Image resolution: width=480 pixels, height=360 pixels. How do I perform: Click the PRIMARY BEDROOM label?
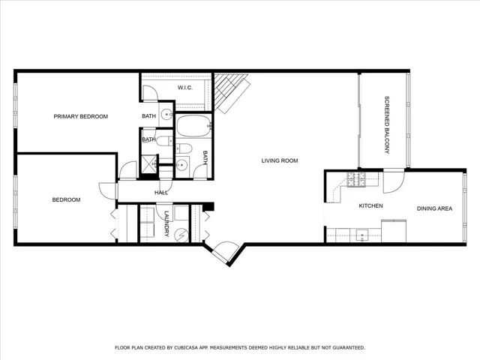tap(80, 116)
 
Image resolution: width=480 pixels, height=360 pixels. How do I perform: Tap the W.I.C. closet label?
tap(185, 88)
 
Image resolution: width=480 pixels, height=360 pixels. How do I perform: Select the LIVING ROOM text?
tap(280, 160)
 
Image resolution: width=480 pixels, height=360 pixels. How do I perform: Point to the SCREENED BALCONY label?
tap(387, 125)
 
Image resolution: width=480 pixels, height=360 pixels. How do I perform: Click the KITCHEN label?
tap(370, 205)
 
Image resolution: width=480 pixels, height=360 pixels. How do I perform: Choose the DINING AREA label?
tap(434, 208)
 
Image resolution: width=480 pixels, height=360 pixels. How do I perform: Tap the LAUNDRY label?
tap(166, 223)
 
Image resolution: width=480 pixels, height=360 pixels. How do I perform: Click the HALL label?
tap(161, 193)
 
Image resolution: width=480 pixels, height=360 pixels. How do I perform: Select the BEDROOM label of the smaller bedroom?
tap(66, 200)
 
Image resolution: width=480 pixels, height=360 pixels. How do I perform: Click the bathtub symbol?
tap(193, 125)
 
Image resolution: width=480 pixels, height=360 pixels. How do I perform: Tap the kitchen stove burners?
tap(356, 179)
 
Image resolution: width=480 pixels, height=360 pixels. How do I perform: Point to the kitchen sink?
tap(362, 235)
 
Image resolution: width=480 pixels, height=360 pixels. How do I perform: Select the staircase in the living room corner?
tap(231, 92)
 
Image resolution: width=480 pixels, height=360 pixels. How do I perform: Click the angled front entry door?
tap(225, 251)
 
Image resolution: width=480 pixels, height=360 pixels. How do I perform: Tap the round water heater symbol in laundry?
tap(181, 235)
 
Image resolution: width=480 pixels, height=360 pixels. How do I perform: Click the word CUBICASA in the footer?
tap(187, 348)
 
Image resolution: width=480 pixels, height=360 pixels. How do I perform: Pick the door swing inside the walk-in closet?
tap(150, 93)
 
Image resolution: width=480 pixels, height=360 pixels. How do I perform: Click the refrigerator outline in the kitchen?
tap(394, 231)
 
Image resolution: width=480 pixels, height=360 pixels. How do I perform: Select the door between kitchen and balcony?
tap(394, 181)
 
